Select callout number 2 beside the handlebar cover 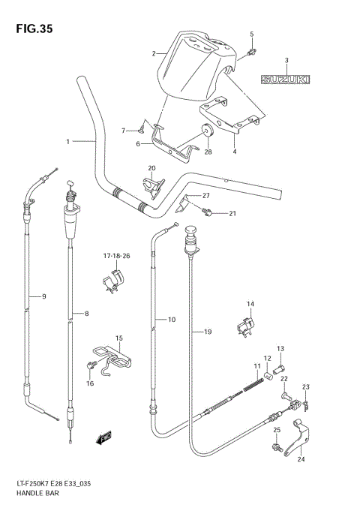tap(154, 53)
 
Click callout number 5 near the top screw tap(252, 35)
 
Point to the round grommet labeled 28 tap(207, 133)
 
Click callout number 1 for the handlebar tap(67, 141)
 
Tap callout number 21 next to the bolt tap(232, 214)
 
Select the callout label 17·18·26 tap(116, 256)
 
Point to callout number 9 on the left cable tap(43, 297)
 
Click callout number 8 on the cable tap(86, 314)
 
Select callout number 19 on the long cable tap(207, 331)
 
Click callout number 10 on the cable tap(171, 320)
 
